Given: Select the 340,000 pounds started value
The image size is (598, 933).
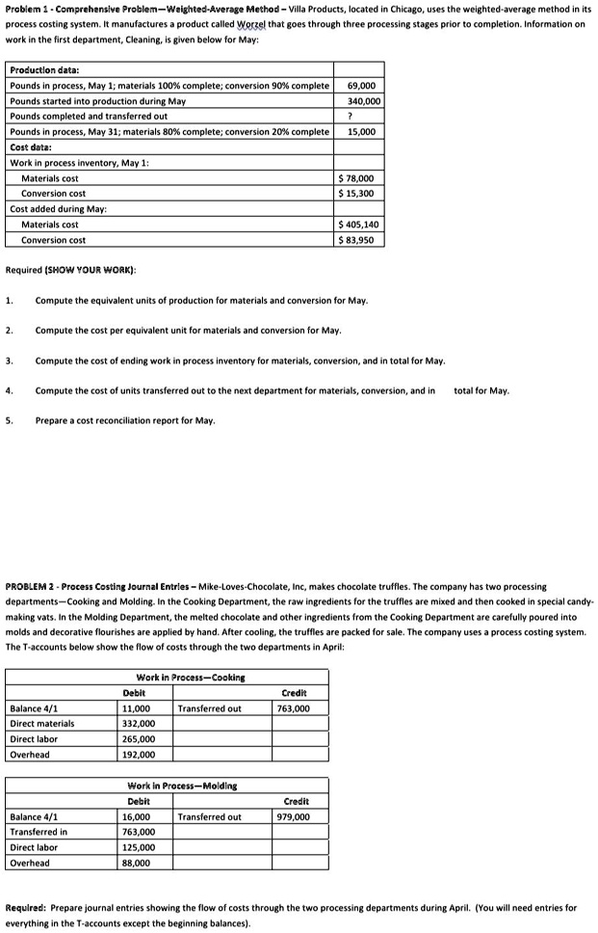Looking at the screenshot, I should (364, 100).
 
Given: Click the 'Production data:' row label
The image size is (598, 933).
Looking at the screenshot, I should (44, 70).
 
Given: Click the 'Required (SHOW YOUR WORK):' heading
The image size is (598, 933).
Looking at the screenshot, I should (70, 269).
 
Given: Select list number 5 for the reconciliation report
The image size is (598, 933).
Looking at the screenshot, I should (9, 420).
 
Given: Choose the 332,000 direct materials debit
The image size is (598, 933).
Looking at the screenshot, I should (139, 724).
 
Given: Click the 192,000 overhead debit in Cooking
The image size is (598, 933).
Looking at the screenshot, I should (139, 755).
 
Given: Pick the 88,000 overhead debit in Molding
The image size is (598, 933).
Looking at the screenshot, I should (136, 863).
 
